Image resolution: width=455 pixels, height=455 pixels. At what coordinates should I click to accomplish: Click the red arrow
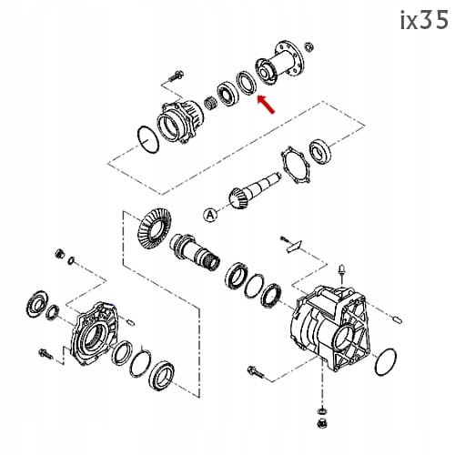267,105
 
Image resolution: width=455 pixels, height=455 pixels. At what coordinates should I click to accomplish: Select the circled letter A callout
210,214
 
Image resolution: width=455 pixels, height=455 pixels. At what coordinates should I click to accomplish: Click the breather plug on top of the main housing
340,270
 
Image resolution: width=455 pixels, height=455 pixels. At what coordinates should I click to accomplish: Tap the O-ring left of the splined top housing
143,136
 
